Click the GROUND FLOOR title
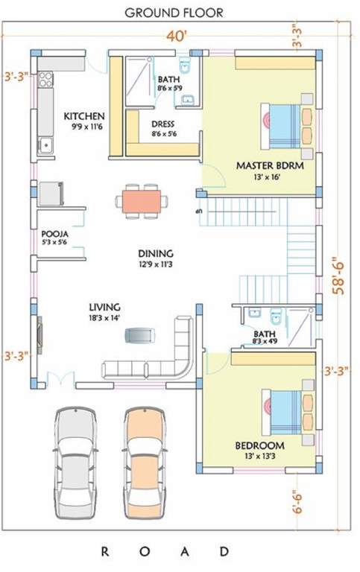pos(173,13)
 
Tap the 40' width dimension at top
pos(174,34)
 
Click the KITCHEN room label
pos(83,117)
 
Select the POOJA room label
pos(55,234)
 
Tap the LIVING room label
pos(104,306)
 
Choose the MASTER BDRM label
pos(270,165)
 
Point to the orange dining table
pos(142,200)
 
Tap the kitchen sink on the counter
pos(44,143)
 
